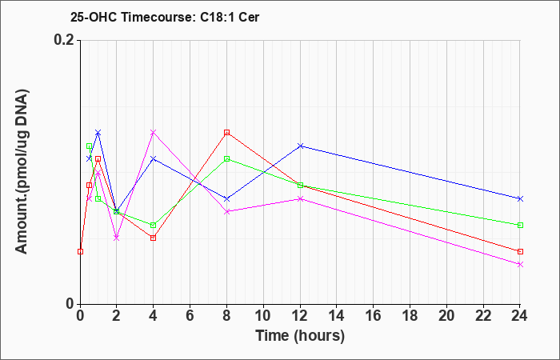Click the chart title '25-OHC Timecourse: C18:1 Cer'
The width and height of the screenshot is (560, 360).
(165, 17)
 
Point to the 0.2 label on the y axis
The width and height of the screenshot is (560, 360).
(64, 40)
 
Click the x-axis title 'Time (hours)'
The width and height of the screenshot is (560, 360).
(300, 337)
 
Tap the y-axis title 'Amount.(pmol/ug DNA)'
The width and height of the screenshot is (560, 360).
(22, 172)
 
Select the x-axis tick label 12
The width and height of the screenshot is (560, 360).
(300, 316)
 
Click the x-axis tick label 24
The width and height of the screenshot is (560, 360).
(520, 316)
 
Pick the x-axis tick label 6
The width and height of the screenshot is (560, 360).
(190, 316)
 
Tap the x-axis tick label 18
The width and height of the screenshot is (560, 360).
(410, 316)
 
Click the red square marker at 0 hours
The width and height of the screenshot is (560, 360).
(80, 251)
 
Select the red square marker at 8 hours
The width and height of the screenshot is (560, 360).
(226, 133)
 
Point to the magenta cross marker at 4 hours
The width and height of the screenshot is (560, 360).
(154, 133)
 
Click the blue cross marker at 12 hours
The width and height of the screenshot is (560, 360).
(300, 146)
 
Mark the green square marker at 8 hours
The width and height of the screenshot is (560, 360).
(226, 159)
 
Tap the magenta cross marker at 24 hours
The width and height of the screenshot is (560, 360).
(520, 264)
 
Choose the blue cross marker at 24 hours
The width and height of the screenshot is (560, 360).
(520, 198)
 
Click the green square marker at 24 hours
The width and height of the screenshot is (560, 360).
(520, 225)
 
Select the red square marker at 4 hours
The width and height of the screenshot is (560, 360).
(154, 238)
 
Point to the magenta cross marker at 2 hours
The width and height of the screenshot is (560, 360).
(117, 238)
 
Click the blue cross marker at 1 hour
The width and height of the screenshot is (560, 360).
(98, 133)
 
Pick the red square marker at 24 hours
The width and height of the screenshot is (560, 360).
(520, 251)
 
